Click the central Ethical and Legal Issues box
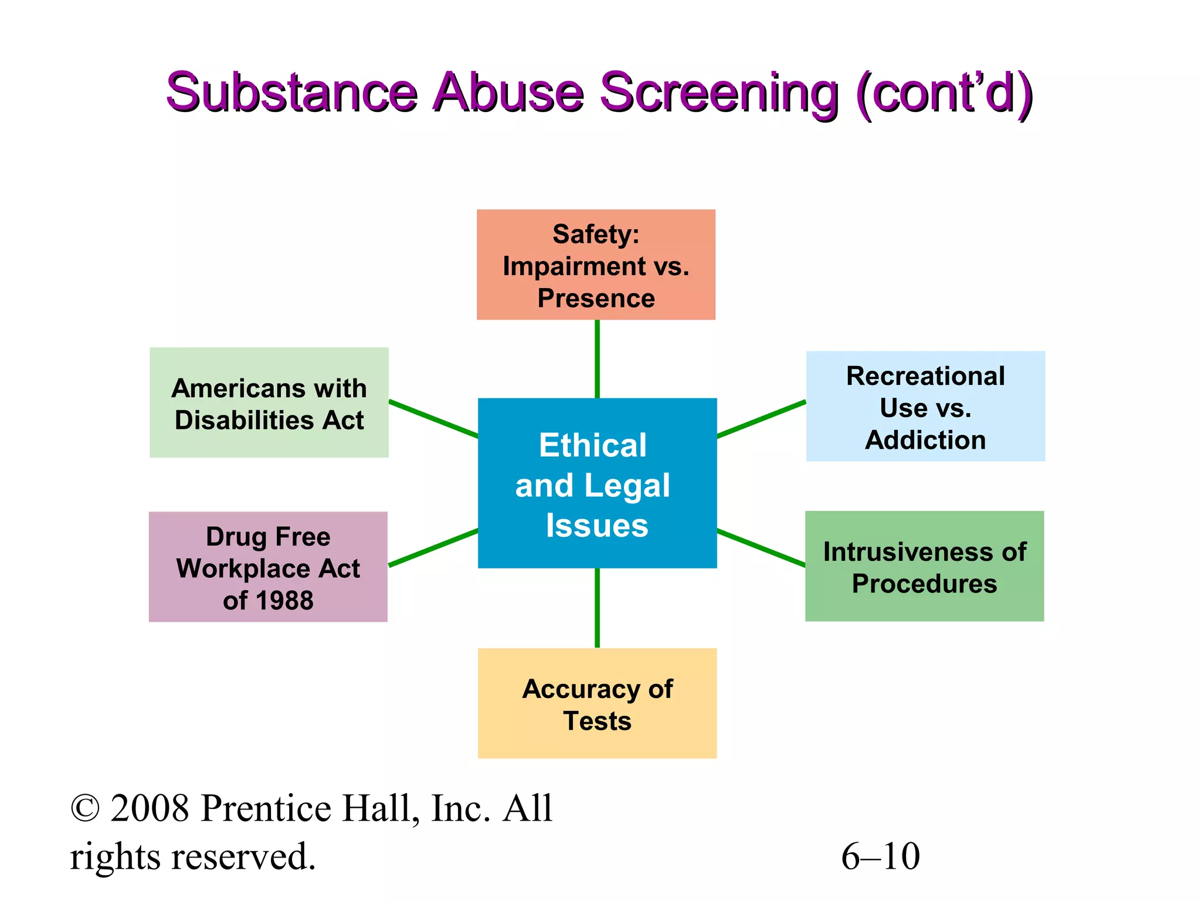click(x=597, y=483)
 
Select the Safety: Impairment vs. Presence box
click(x=596, y=265)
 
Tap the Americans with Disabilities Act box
click(x=269, y=402)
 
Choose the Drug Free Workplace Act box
click(x=268, y=567)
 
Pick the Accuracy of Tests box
click(x=597, y=703)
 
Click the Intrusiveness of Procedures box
click(x=924, y=566)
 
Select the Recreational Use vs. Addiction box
click(x=925, y=406)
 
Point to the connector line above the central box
click(x=597, y=359)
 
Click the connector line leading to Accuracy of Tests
click(x=597, y=608)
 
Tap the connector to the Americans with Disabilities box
click(x=433, y=419)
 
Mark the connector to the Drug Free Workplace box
click(x=433, y=548)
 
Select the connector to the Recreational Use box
click(x=761, y=419)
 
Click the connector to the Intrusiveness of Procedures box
click(x=761, y=548)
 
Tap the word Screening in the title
click(x=719, y=93)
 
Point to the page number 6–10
click(x=880, y=856)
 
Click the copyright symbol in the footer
click(x=85, y=809)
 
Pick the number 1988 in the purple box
click(x=286, y=601)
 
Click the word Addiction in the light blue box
click(x=925, y=440)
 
